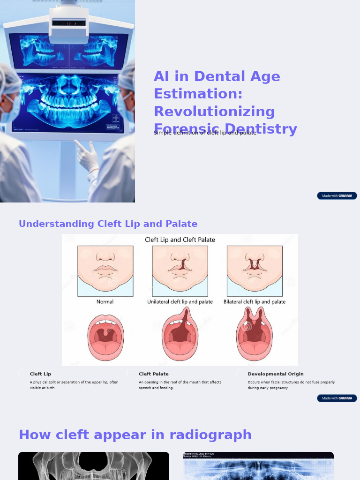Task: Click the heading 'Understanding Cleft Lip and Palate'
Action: click(108, 224)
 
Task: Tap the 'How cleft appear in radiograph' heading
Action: click(135, 435)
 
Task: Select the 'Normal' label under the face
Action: click(105, 302)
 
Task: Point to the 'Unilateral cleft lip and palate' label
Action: click(180, 302)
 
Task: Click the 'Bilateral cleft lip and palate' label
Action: click(255, 302)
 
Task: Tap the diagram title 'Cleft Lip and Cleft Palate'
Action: click(180, 240)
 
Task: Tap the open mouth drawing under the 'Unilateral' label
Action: click(180, 335)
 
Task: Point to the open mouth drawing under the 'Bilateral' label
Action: click(254, 335)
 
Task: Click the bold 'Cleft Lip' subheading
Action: click(40, 374)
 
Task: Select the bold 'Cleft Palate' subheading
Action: click(153, 374)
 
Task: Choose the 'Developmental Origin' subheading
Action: click(276, 374)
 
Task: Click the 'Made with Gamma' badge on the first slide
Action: click(337, 196)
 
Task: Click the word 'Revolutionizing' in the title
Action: click(214, 112)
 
